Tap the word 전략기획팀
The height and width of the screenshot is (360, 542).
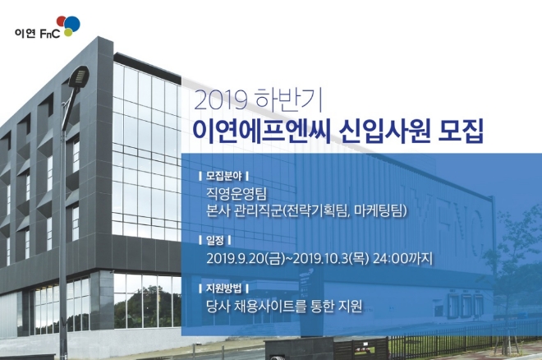(x=316, y=214)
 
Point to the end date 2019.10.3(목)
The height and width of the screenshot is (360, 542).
(x=325, y=260)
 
